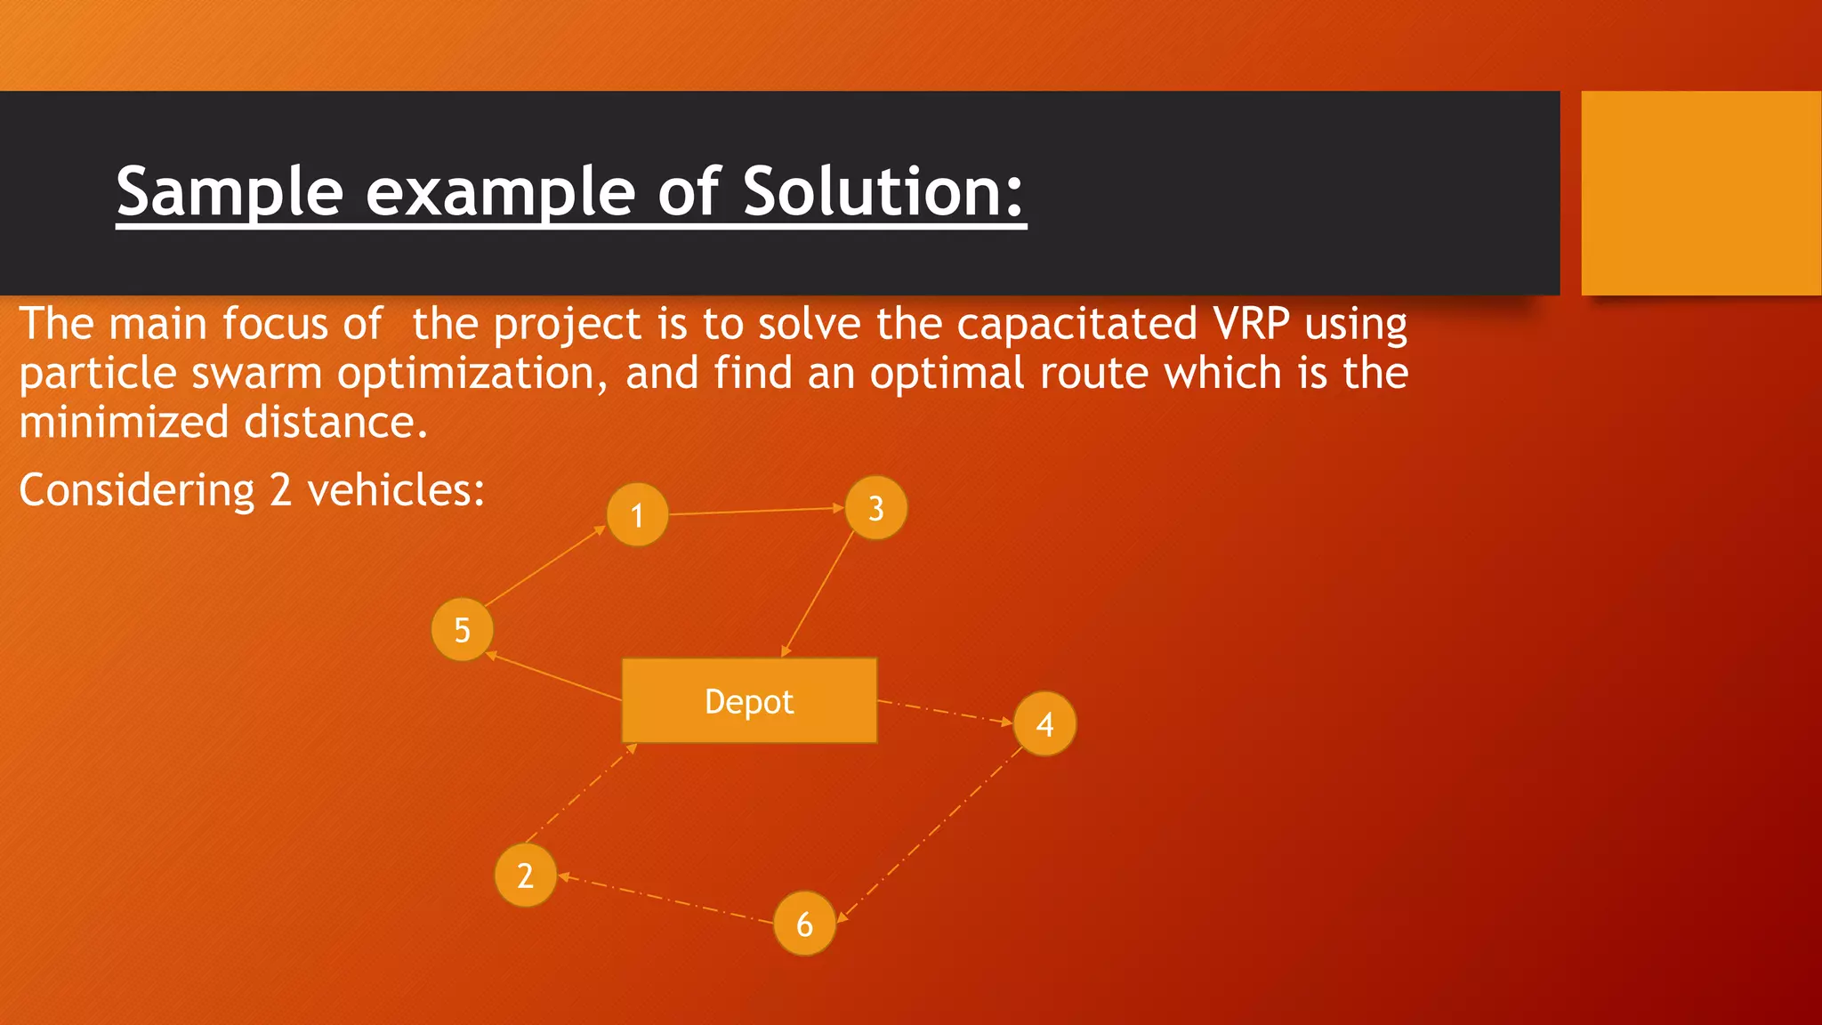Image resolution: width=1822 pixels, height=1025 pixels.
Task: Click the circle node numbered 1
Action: coord(637,514)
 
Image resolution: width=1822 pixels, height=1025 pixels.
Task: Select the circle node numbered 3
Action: coord(876,507)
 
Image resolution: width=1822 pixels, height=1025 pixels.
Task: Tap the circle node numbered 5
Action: coord(462,629)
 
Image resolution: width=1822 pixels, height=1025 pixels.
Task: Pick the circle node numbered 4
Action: coord(1044,723)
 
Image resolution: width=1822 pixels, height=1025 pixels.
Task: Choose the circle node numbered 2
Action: coord(525,876)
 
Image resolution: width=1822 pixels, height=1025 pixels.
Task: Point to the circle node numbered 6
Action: coord(804,924)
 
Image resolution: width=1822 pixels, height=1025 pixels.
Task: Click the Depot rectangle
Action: coord(749,701)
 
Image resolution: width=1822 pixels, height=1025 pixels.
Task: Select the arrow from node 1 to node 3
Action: coord(756,511)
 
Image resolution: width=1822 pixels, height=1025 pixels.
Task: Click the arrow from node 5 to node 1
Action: coord(544,566)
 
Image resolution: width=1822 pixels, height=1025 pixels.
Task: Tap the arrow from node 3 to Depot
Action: coord(818,593)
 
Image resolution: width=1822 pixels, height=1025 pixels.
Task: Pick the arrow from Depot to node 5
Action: coord(553,678)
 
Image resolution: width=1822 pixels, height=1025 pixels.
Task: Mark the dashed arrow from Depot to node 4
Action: coord(945,712)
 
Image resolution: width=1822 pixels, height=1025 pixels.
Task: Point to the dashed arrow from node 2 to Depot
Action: coord(580,793)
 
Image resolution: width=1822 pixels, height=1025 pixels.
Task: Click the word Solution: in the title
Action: coord(883,191)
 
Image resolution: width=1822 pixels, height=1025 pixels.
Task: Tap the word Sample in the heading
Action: coord(230,191)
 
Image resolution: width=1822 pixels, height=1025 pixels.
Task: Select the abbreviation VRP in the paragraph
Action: coord(1250,323)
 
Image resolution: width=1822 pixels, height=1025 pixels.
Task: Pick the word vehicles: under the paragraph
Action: coord(396,490)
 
